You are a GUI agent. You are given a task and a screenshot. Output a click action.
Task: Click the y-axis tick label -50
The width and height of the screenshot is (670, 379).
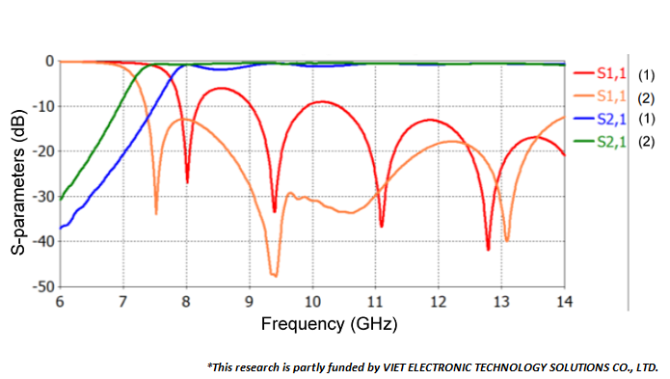(41, 287)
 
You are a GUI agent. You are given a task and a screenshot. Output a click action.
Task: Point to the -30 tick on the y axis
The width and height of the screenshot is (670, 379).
(41, 197)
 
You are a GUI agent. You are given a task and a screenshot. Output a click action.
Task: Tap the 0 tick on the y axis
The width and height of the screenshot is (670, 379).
(48, 61)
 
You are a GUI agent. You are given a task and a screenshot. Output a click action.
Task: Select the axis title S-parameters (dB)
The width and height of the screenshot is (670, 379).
(18, 175)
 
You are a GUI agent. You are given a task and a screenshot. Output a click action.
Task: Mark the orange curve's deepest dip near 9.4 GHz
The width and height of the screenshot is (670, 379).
(275, 276)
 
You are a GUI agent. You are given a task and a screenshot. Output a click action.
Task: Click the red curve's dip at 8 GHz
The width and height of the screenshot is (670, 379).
(187, 181)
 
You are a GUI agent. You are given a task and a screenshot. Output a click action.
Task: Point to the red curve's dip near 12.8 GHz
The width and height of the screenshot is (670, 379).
(489, 250)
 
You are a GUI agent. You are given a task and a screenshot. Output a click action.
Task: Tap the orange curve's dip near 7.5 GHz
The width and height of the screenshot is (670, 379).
(156, 213)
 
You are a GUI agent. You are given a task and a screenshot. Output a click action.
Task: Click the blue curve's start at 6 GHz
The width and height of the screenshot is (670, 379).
(61, 229)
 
